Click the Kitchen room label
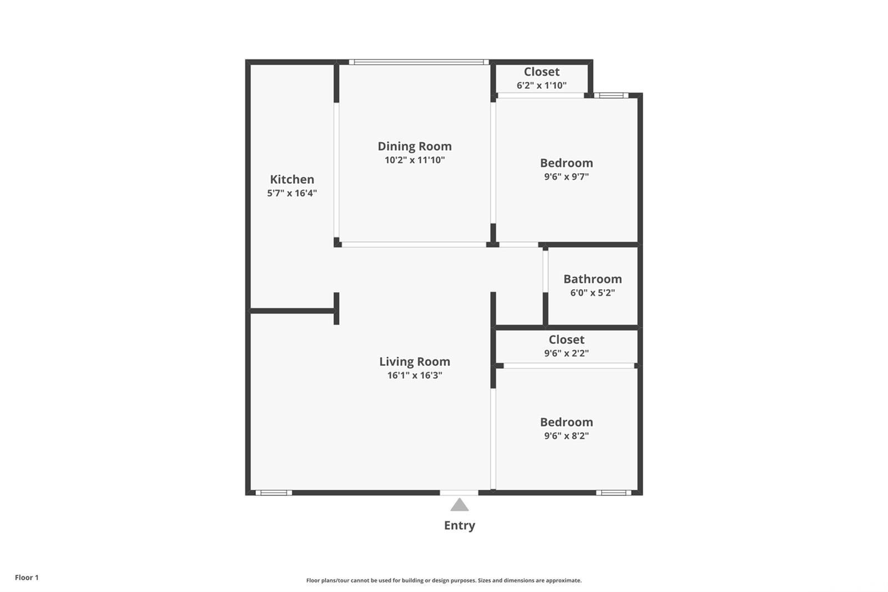(x=292, y=179)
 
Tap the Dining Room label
(x=415, y=147)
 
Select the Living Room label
(x=415, y=362)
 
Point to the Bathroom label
(x=593, y=279)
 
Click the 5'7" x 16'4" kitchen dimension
(x=292, y=193)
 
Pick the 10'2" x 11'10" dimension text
(x=415, y=160)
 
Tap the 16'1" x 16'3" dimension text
(x=415, y=375)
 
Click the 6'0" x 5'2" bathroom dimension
(x=593, y=293)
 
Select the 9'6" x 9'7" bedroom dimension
(x=567, y=177)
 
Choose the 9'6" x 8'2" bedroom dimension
(x=567, y=435)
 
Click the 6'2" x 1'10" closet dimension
(x=542, y=86)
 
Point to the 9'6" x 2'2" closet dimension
(x=567, y=353)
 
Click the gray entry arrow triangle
(x=460, y=505)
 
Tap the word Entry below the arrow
(x=460, y=526)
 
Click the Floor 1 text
(x=27, y=578)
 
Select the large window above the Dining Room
(x=419, y=62)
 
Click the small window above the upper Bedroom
(x=611, y=95)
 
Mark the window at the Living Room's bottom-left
(x=274, y=493)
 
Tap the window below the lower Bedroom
(x=614, y=493)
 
